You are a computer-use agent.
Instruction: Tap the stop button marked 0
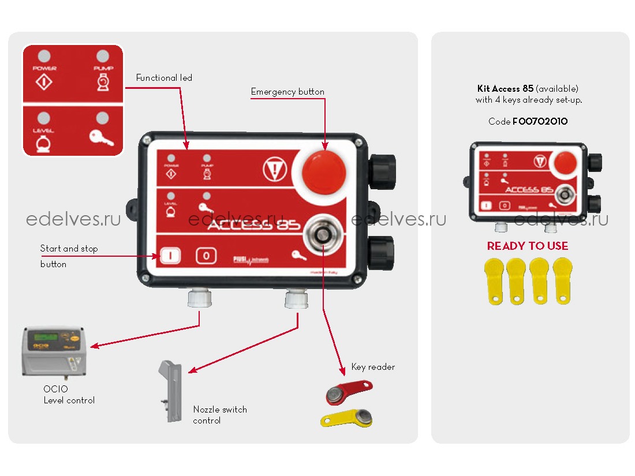206,256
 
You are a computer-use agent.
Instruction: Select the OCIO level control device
55,352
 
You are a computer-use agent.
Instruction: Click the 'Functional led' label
164,77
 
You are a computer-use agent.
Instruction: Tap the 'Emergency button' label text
287,91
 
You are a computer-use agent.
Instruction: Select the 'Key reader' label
373,366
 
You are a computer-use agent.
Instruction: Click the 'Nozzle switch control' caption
219,415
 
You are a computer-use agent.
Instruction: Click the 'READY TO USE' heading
527,246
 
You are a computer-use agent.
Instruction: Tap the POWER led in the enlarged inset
44,57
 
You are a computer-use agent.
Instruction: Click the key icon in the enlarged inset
102,137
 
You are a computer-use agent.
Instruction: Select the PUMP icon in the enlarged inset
102,84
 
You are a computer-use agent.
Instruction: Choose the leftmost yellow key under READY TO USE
495,280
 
